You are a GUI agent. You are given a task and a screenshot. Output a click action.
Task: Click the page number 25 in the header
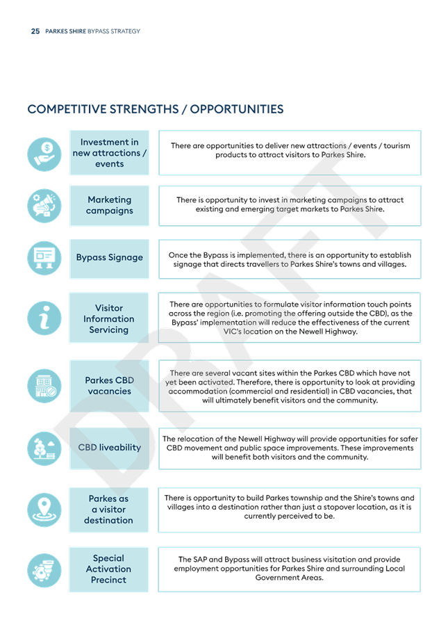coord(35,31)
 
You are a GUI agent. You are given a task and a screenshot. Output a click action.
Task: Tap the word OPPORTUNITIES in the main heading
coord(237,109)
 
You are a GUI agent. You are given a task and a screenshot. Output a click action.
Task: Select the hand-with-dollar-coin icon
coord(44,154)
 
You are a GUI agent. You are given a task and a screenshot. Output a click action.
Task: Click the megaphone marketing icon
coord(44,206)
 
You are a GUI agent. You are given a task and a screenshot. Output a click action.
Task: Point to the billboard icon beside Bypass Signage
coord(44,258)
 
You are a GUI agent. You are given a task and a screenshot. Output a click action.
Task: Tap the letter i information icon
coord(44,318)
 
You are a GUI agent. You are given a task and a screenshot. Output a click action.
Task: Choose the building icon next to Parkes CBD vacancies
coord(44,386)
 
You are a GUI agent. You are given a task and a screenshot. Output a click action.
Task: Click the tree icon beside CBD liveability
coord(44,448)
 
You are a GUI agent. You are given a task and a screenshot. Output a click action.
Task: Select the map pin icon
coord(44,510)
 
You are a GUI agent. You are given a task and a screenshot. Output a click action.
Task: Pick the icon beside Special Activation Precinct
coord(44,570)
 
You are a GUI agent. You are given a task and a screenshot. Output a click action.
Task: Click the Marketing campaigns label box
coord(109,205)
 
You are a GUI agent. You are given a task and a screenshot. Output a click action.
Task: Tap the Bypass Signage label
coord(110,257)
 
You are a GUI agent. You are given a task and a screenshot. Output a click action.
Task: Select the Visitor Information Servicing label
coord(108,318)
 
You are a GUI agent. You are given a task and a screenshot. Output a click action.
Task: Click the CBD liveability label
coord(110,447)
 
